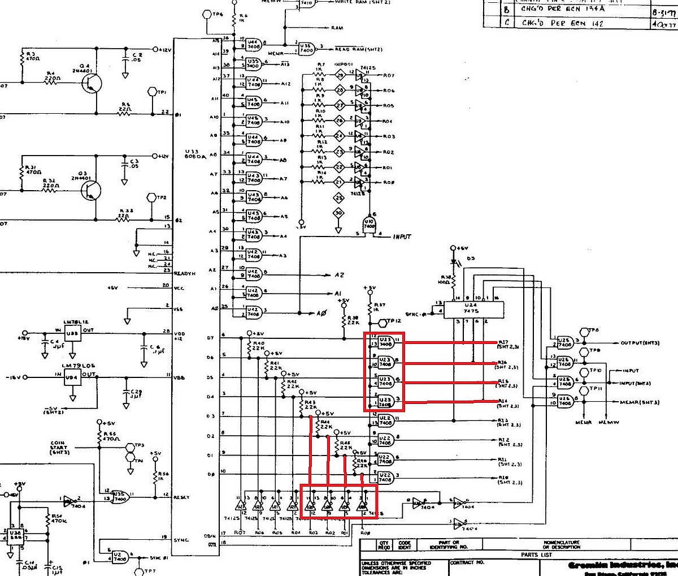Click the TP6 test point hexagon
(204, 14)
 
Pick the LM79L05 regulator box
(73, 377)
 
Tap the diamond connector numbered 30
(338, 212)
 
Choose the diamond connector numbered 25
(338, 197)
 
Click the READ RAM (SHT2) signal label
(358, 50)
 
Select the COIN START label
(59, 447)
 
